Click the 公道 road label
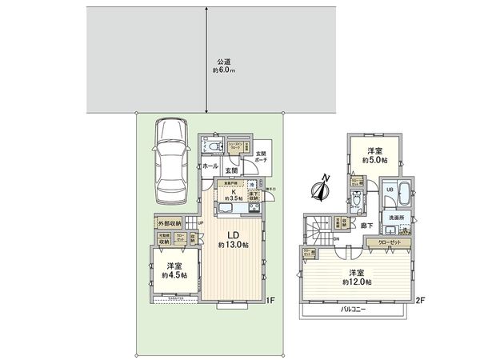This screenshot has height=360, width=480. click(x=224, y=61)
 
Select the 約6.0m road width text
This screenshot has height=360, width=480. click(x=224, y=70)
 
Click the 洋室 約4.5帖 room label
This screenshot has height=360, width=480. click(x=174, y=270)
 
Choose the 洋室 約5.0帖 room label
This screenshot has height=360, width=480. click(x=373, y=155)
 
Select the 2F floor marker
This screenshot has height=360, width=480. click(x=419, y=301)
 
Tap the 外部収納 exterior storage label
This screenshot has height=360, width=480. click(x=168, y=223)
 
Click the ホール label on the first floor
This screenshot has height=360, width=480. click(x=210, y=166)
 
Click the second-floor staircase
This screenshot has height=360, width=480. click(x=318, y=230)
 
